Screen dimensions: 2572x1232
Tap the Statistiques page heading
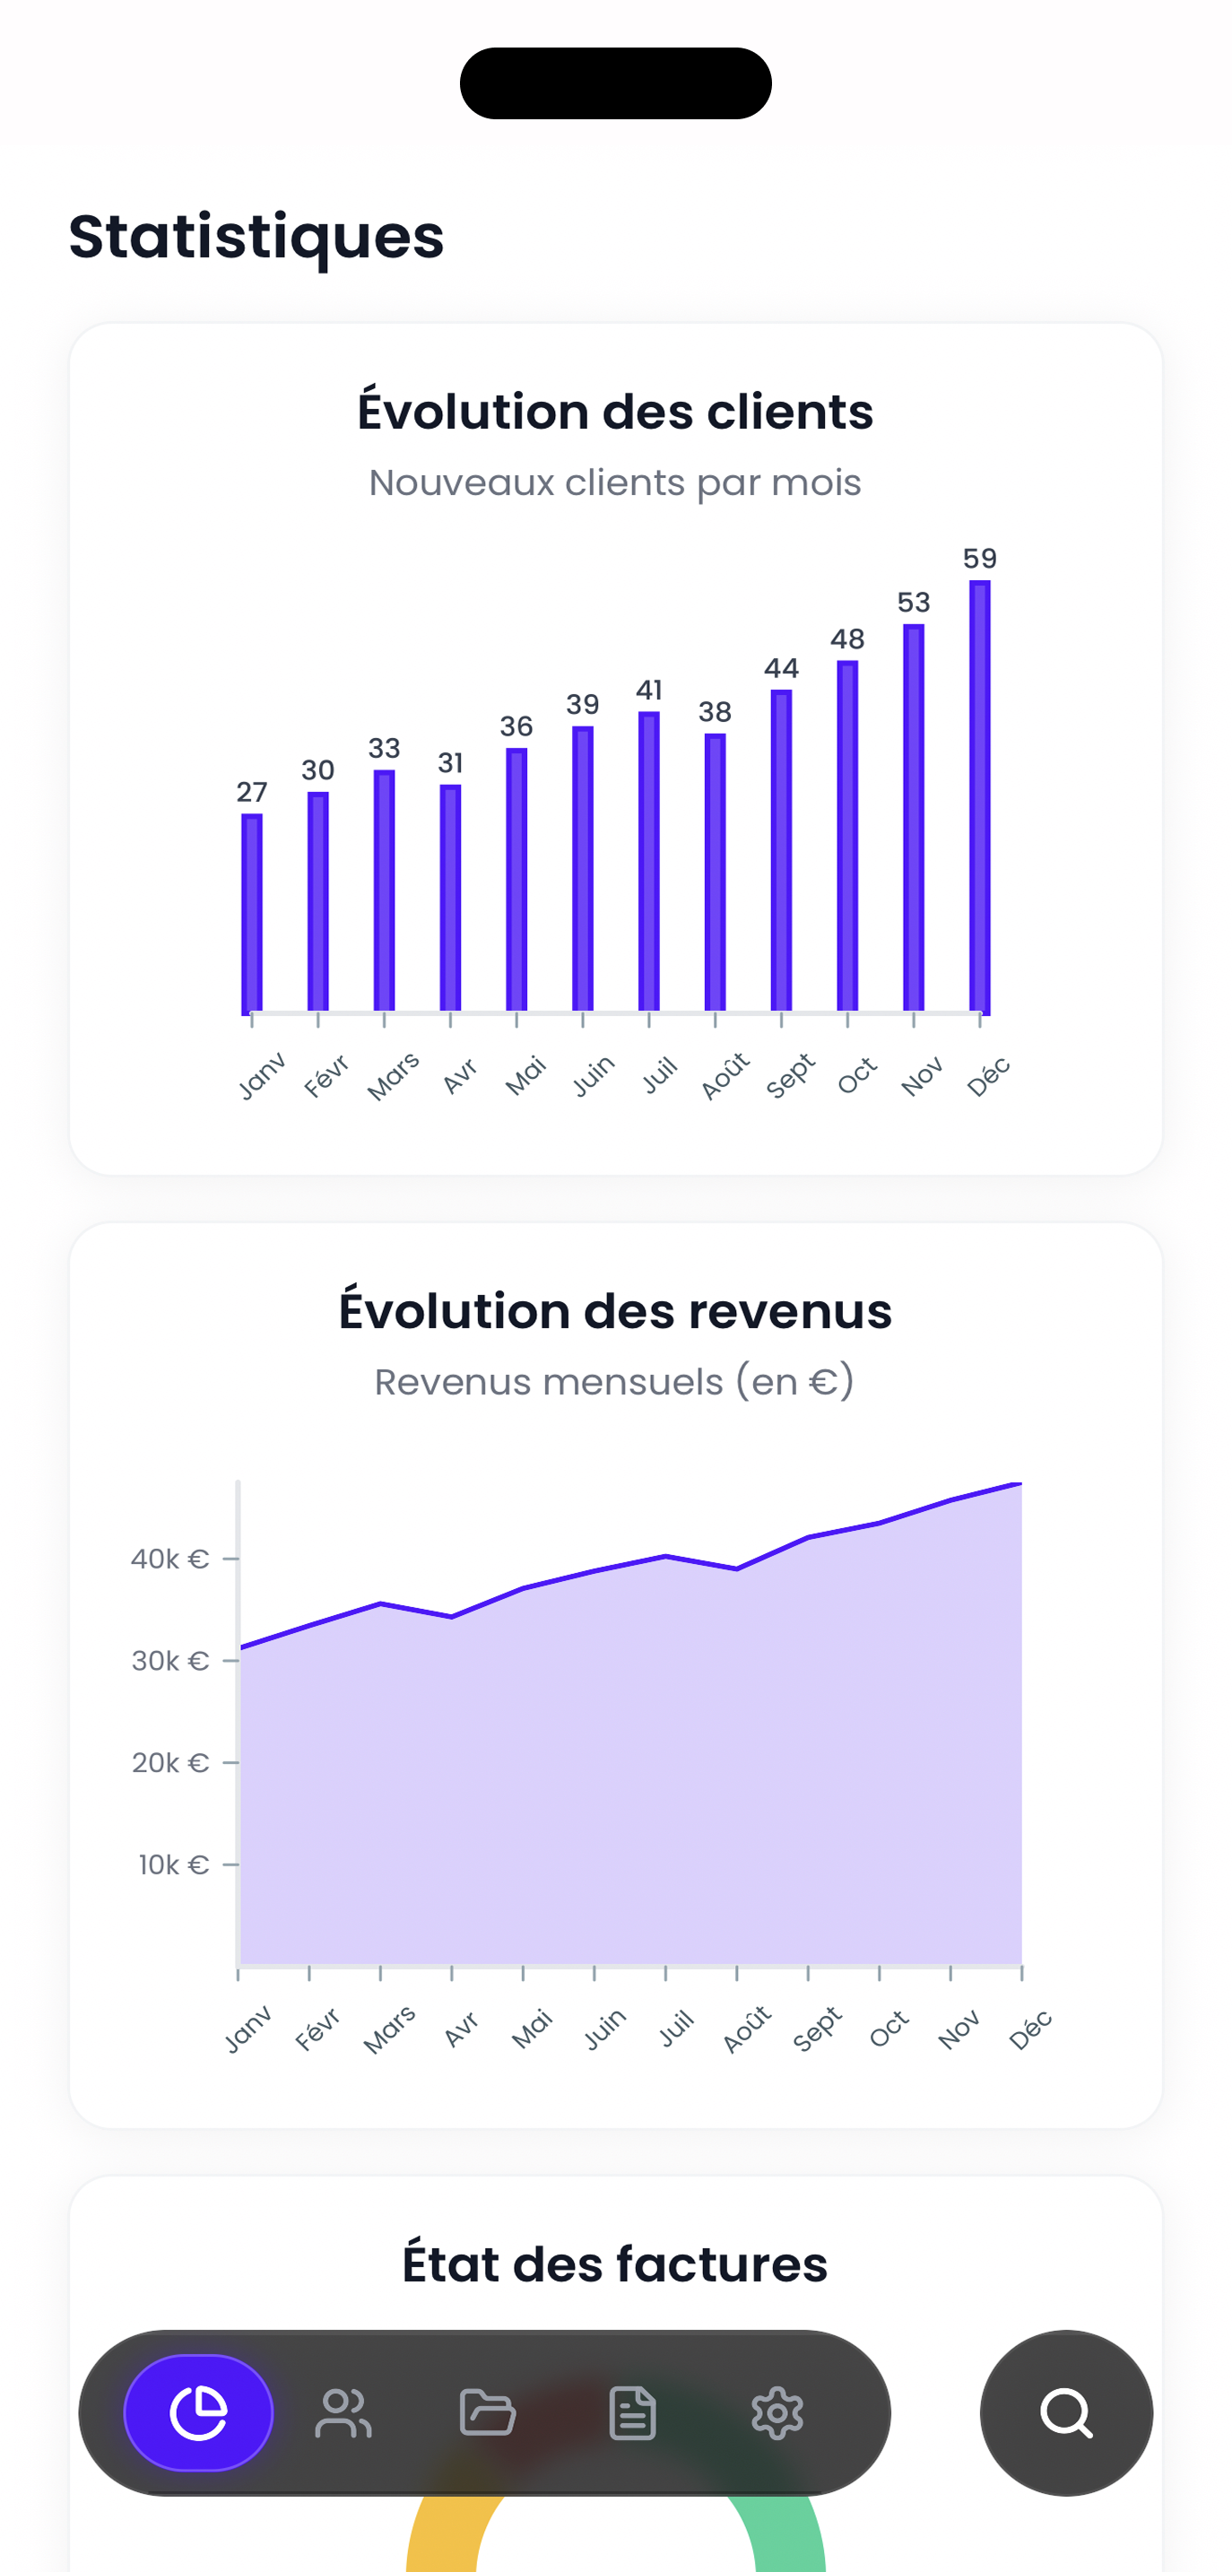(256, 237)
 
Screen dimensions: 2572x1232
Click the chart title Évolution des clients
(615, 412)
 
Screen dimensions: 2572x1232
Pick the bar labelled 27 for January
(252, 913)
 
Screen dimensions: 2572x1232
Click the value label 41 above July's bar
(649, 690)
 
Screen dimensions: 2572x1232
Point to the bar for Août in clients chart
(715, 873)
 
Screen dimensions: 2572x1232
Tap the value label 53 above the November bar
(914, 602)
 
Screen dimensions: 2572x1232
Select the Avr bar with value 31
(450, 898)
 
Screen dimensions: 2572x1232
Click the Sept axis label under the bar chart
(791, 1075)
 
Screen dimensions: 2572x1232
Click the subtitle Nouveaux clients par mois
(615, 482)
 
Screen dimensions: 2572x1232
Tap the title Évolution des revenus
(615, 1311)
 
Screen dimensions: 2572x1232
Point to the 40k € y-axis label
(169, 1559)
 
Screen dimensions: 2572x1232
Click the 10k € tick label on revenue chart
(174, 1864)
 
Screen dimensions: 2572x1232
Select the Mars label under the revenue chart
(389, 2029)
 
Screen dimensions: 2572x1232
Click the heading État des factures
(615, 2264)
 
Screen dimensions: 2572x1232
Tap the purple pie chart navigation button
(199, 2413)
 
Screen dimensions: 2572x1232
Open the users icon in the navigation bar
(343, 2413)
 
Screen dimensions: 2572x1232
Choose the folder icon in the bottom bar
(487, 2413)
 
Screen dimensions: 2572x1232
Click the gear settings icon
(777, 2413)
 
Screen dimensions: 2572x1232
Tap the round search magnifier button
(1066, 2413)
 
